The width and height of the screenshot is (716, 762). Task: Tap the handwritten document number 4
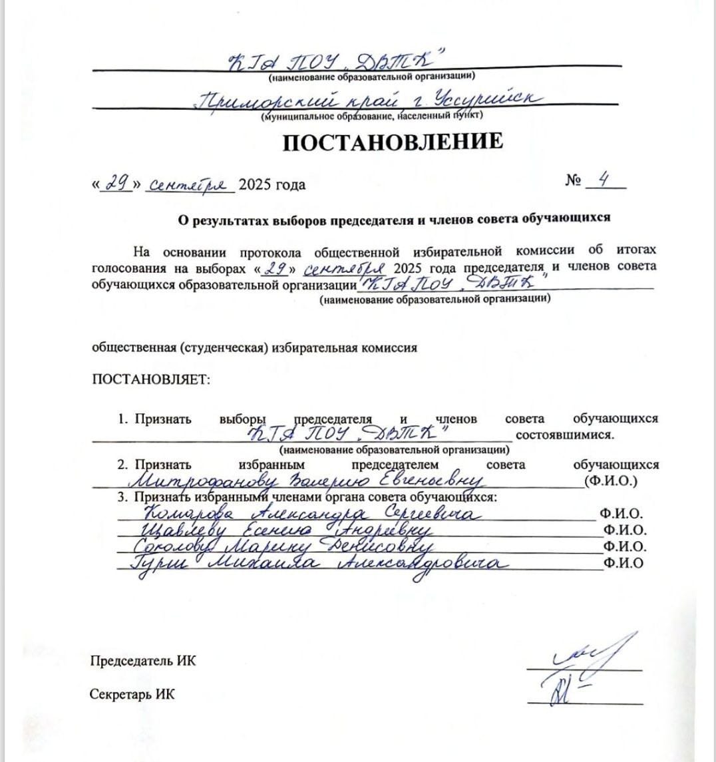(604, 181)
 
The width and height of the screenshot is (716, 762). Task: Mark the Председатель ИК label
(143, 661)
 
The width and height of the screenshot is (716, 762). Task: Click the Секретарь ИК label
(132, 694)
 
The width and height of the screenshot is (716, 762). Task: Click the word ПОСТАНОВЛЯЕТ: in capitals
(150, 380)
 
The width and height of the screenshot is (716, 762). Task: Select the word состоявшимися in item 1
(564, 435)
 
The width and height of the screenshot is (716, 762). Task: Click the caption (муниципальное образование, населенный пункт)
(372, 115)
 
